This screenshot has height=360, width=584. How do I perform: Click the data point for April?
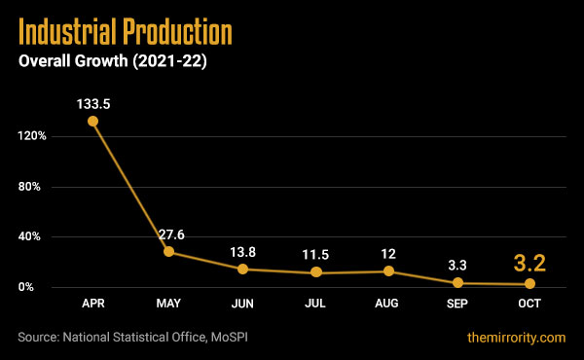point(92,122)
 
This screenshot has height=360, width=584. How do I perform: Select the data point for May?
point(168,252)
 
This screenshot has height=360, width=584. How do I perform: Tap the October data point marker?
point(530,283)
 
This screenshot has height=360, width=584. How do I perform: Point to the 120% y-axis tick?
point(31,135)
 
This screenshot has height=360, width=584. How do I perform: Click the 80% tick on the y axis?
point(34,186)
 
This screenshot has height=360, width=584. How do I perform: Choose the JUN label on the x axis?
point(241,305)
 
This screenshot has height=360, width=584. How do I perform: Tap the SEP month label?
point(458,305)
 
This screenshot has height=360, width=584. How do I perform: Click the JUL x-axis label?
point(313,305)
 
